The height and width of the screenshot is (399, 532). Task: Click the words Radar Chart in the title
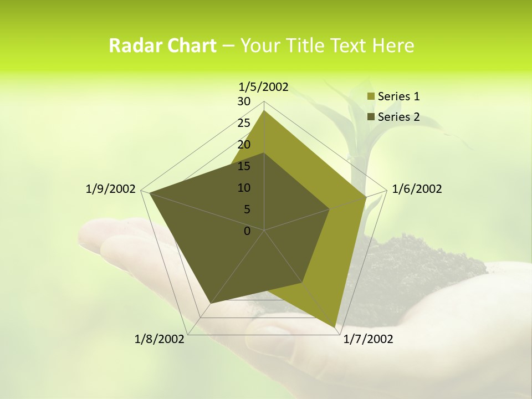[x=162, y=45]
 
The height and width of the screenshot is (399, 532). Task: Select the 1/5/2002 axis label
[x=263, y=86]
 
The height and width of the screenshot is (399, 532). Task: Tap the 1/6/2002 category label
[x=417, y=189]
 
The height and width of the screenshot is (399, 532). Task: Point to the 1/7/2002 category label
[x=368, y=339]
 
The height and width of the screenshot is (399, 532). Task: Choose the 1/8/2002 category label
[x=160, y=339]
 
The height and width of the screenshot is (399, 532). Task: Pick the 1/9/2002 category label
[x=111, y=189]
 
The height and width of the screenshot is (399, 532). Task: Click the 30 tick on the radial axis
[x=244, y=101]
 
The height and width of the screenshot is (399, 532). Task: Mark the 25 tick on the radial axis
[x=244, y=123]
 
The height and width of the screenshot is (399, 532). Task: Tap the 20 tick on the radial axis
[x=244, y=145]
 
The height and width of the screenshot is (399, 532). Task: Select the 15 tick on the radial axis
[x=244, y=166]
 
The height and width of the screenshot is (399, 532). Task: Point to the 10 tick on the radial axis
[x=244, y=188]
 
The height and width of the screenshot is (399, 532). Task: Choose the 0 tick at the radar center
[x=247, y=231]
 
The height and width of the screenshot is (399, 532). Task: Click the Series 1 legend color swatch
[x=371, y=97]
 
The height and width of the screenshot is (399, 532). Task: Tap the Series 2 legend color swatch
[x=371, y=117]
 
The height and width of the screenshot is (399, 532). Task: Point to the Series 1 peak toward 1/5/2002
[x=264, y=111]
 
